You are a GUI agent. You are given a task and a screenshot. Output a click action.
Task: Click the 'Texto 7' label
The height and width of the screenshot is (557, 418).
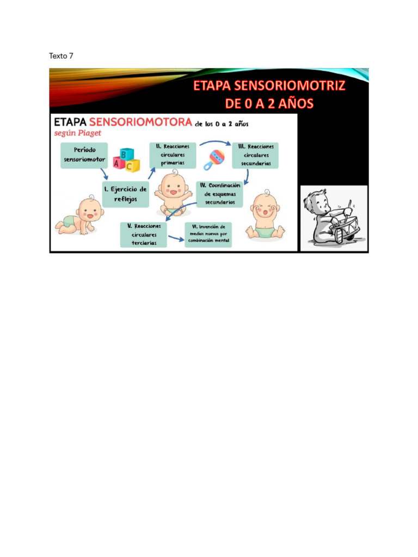pyautogui.click(x=61, y=55)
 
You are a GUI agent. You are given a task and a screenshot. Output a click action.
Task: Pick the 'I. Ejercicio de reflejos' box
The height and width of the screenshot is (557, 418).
pyautogui.click(x=126, y=195)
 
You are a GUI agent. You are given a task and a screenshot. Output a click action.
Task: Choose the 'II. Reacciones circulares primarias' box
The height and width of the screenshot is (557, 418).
pyautogui.click(x=173, y=155)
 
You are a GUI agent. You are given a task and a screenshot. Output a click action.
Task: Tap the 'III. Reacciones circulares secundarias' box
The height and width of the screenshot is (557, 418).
pyautogui.click(x=255, y=155)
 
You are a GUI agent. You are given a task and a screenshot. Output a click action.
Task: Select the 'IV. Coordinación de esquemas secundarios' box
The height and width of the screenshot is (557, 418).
pyautogui.click(x=219, y=194)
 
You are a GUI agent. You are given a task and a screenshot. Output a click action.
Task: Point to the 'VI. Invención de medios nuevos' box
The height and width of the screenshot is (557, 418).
pyautogui.click(x=208, y=235)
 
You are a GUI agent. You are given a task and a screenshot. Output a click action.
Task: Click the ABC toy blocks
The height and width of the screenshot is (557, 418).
pyautogui.click(x=127, y=159)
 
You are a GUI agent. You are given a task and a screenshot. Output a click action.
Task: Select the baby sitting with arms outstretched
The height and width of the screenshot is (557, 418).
pyautogui.click(x=173, y=194)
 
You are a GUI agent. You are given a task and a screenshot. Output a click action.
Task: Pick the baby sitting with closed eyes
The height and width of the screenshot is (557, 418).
pyautogui.click(x=265, y=216)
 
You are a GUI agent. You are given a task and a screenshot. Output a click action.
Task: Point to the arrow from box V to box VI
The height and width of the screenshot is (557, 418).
pyautogui.click(x=175, y=238)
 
